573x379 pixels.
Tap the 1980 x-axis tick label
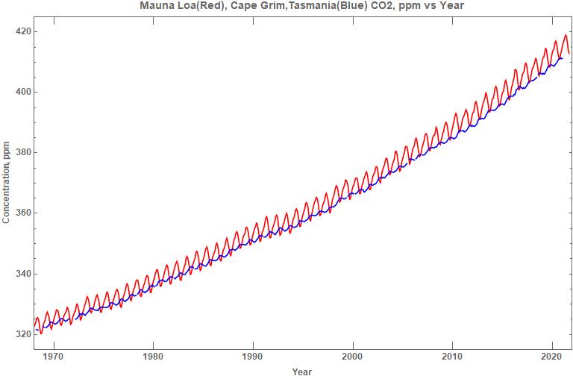[153, 357]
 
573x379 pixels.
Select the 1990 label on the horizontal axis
[253, 357]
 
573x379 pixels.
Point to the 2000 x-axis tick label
[353, 357]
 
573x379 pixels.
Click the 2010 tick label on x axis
[452, 357]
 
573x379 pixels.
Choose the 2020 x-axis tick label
[552, 357]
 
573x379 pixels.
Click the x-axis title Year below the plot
[302, 372]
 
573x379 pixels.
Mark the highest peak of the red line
[566, 35]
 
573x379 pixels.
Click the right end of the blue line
[562, 57]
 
